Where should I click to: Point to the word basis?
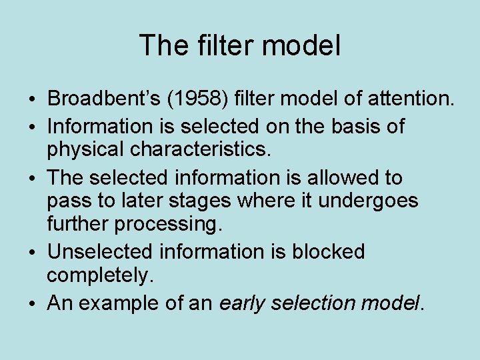348,126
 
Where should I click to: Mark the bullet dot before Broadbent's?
33,101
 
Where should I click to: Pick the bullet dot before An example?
33,305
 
